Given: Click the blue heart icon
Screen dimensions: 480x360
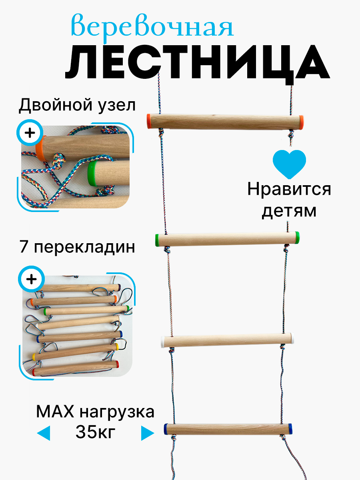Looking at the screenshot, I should point(289,164).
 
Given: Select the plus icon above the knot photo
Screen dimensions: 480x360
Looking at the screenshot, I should point(30,132).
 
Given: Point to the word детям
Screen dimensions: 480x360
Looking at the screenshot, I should point(289,210).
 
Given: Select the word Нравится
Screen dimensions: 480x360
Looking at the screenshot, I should point(289,189).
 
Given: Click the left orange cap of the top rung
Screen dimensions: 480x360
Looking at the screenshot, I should point(148,120).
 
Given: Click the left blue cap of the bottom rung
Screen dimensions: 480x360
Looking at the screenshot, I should point(166,429).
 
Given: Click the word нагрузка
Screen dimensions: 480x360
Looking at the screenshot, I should point(116,412).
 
